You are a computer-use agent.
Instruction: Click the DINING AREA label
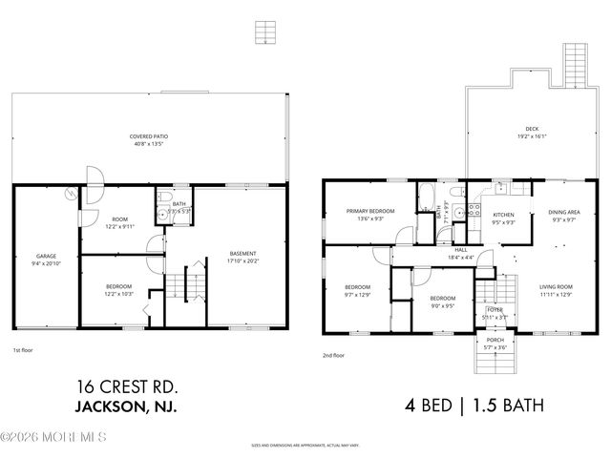tap(561, 216)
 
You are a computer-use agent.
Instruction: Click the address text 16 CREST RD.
tap(127, 386)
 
